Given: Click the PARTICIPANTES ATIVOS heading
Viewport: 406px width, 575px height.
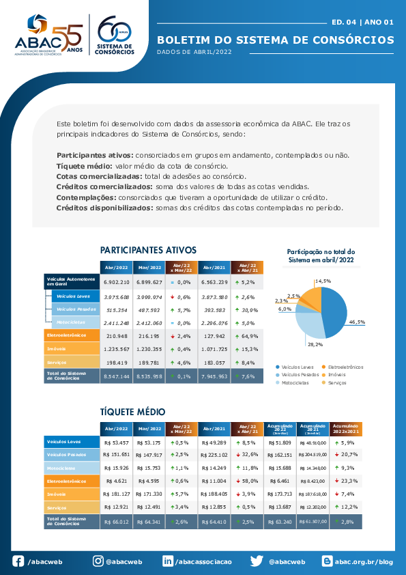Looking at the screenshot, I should [148, 250].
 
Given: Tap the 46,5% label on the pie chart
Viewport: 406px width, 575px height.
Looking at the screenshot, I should [357, 322].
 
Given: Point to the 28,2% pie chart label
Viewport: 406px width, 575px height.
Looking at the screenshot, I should [315, 344].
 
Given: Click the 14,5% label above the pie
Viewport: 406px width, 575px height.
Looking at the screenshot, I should [323, 281].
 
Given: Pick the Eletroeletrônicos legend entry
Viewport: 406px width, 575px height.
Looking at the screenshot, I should [347, 367].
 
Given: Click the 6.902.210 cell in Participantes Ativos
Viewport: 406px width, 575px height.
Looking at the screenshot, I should [116, 281].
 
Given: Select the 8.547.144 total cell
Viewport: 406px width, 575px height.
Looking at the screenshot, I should [116, 376].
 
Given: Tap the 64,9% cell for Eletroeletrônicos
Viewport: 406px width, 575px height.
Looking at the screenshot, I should [248, 335].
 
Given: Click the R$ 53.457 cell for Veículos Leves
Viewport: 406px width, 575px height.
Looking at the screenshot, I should [116, 443].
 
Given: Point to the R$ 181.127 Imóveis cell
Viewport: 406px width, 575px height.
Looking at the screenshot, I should [116, 493].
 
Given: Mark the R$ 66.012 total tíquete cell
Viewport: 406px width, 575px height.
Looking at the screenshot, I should [116, 522].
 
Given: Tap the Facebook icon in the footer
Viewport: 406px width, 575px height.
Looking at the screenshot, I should [18, 561].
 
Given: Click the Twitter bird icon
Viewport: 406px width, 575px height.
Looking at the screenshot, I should [257, 561].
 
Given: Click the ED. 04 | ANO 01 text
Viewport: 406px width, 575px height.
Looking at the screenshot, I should [363, 22].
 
